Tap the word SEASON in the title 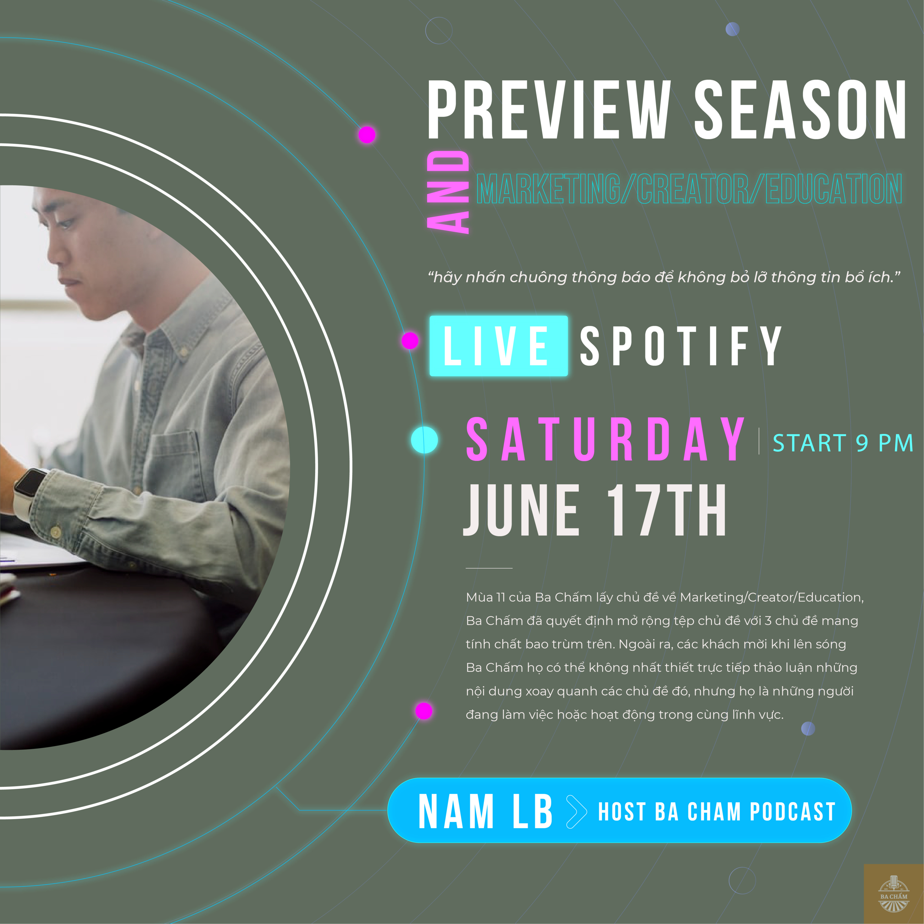click(800, 110)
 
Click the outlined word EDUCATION click(834, 188)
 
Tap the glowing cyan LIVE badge click(498, 346)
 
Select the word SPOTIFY click(681, 346)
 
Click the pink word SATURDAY click(605, 439)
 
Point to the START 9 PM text click(843, 443)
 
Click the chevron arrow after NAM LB click(576, 812)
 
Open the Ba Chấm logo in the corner click(894, 894)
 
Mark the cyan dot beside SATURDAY click(424, 440)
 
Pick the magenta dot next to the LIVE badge click(410, 341)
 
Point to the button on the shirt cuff click(56, 532)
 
